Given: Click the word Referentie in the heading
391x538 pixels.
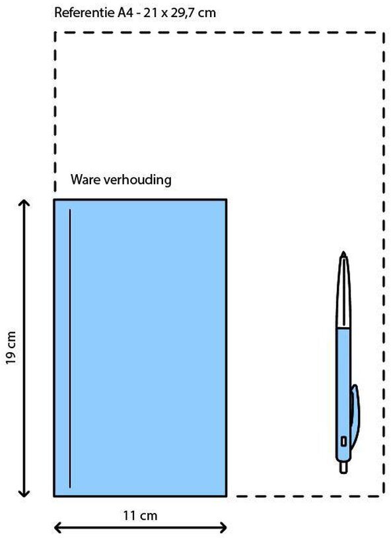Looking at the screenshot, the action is click(x=84, y=13).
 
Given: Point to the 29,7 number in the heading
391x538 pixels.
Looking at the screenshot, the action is click(x=184, y=13).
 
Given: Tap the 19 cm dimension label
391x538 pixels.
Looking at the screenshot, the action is click(x=11, y=347).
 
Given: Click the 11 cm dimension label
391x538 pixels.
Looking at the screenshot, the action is click(x=140, y=515).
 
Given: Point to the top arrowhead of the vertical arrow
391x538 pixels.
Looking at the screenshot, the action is click(x=24, y=203).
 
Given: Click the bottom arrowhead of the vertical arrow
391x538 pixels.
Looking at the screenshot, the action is click(x=24, y=493).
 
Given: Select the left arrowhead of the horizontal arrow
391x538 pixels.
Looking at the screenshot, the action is click(x=59, y=527).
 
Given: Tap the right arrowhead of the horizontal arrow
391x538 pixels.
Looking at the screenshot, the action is click(x=223, y=527).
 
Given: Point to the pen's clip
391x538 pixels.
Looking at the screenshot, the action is click(x=354, y=415).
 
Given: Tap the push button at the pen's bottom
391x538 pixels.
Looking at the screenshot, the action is click(x=343, y=467).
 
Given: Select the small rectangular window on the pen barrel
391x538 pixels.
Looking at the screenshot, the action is click(x=343, y=441).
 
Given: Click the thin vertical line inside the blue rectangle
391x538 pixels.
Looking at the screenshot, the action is click(x=70, y=348).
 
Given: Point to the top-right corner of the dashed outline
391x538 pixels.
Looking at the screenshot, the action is click(x=384, y=32).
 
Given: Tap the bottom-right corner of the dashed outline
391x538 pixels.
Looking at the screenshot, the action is click(x=384, y=495).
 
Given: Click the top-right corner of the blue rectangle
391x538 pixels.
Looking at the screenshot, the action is click(x=226, y=199).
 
